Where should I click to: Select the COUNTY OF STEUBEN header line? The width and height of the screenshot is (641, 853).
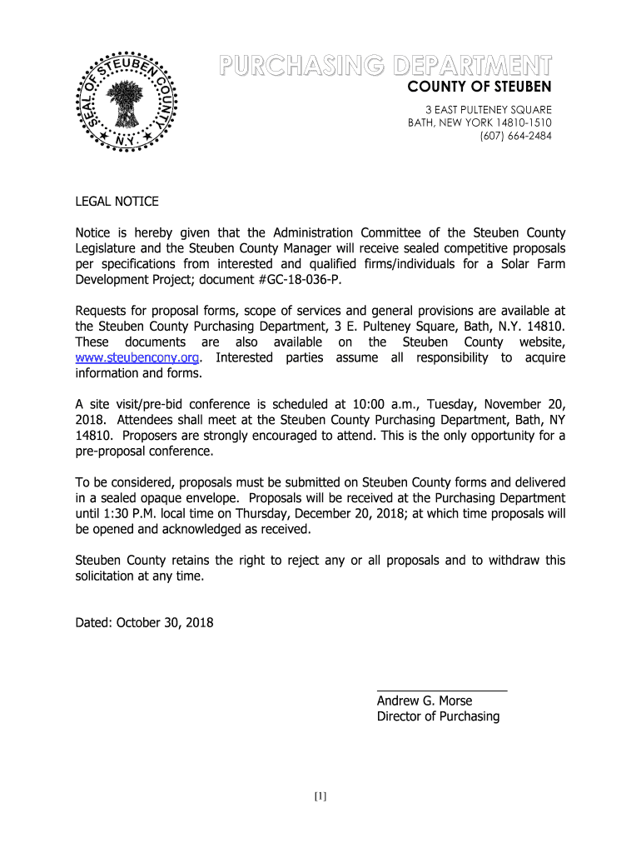tap(479, 87)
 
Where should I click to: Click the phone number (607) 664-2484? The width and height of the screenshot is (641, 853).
tap(515, 137)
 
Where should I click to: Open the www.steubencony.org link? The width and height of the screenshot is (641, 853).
tap(137, 357)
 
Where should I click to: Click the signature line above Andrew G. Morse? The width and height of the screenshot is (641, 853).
tap(442, 691)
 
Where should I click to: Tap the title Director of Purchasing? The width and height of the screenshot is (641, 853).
tap(438, 716)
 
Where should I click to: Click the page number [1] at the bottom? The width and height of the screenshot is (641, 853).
tap(320, 796)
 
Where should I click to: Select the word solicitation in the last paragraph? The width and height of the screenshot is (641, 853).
tap(108, 576)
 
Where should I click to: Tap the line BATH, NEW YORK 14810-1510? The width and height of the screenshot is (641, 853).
tap(480, 123)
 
